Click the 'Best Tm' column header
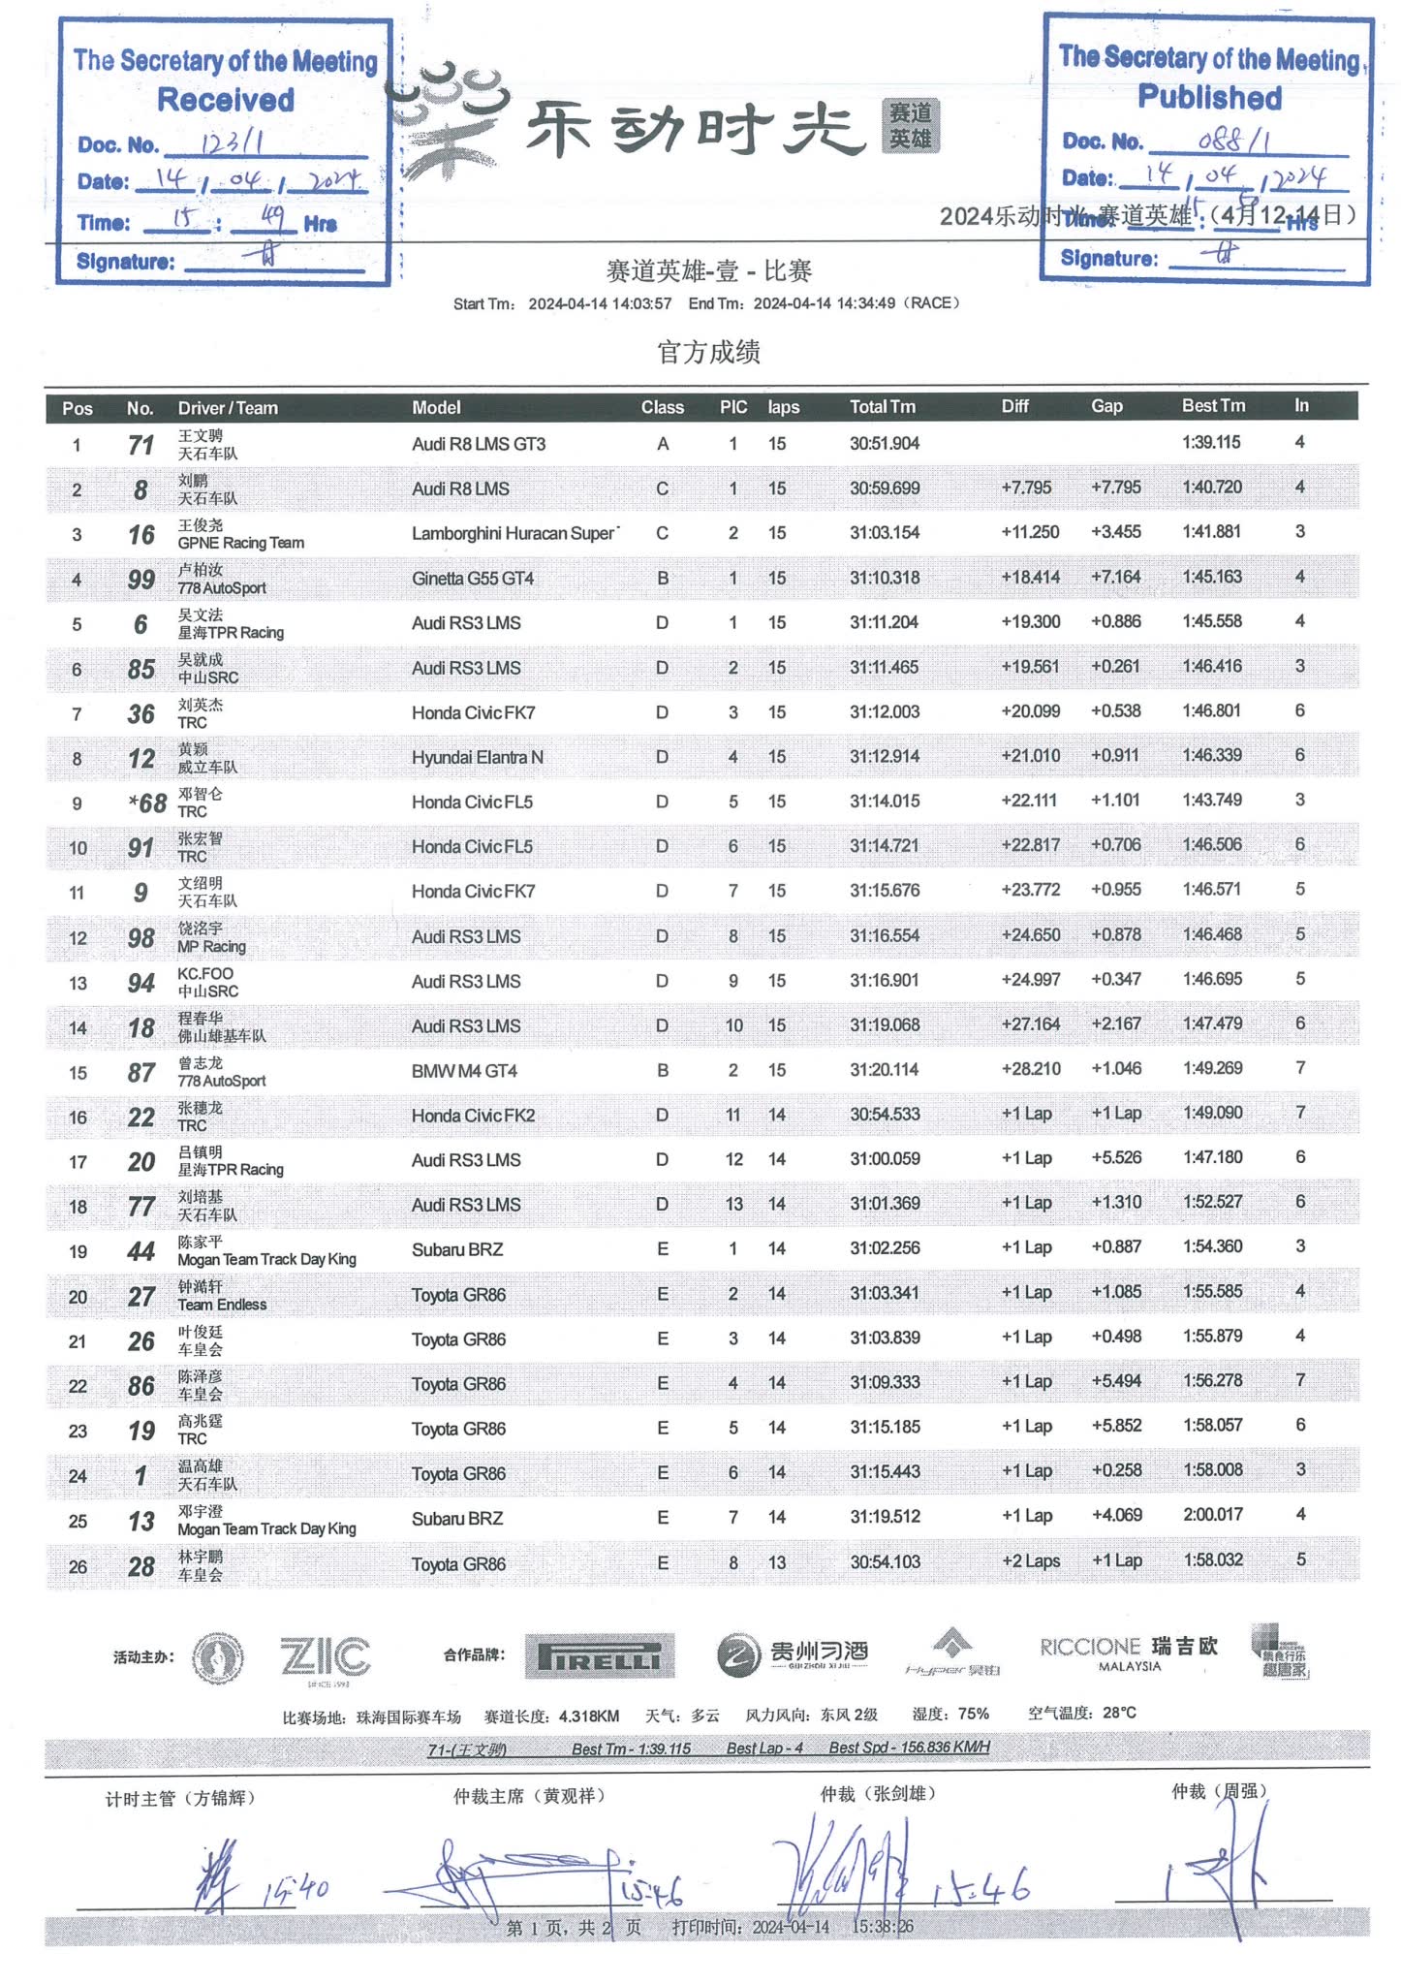coord(1213,406)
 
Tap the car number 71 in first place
coord(140,445)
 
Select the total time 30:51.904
coord(885,444)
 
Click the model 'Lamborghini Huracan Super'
coord(514,533)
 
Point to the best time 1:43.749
coord(1211,801)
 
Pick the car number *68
coord(146,803)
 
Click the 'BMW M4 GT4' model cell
coord(464,1071)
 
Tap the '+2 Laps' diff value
coord(1030,1561)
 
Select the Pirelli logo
coord(600,1656)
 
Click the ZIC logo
coord(325,1656)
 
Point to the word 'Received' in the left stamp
coord(226,100)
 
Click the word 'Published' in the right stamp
coord(1209,97)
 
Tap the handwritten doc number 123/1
coord(233,143)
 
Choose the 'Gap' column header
coord(1106,406)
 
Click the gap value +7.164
coord(1115,578)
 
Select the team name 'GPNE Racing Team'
coord(240,543)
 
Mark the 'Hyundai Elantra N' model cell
coord(477,757)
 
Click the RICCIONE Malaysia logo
coord(1128,1653)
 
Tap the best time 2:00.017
coord(1212,1515)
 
